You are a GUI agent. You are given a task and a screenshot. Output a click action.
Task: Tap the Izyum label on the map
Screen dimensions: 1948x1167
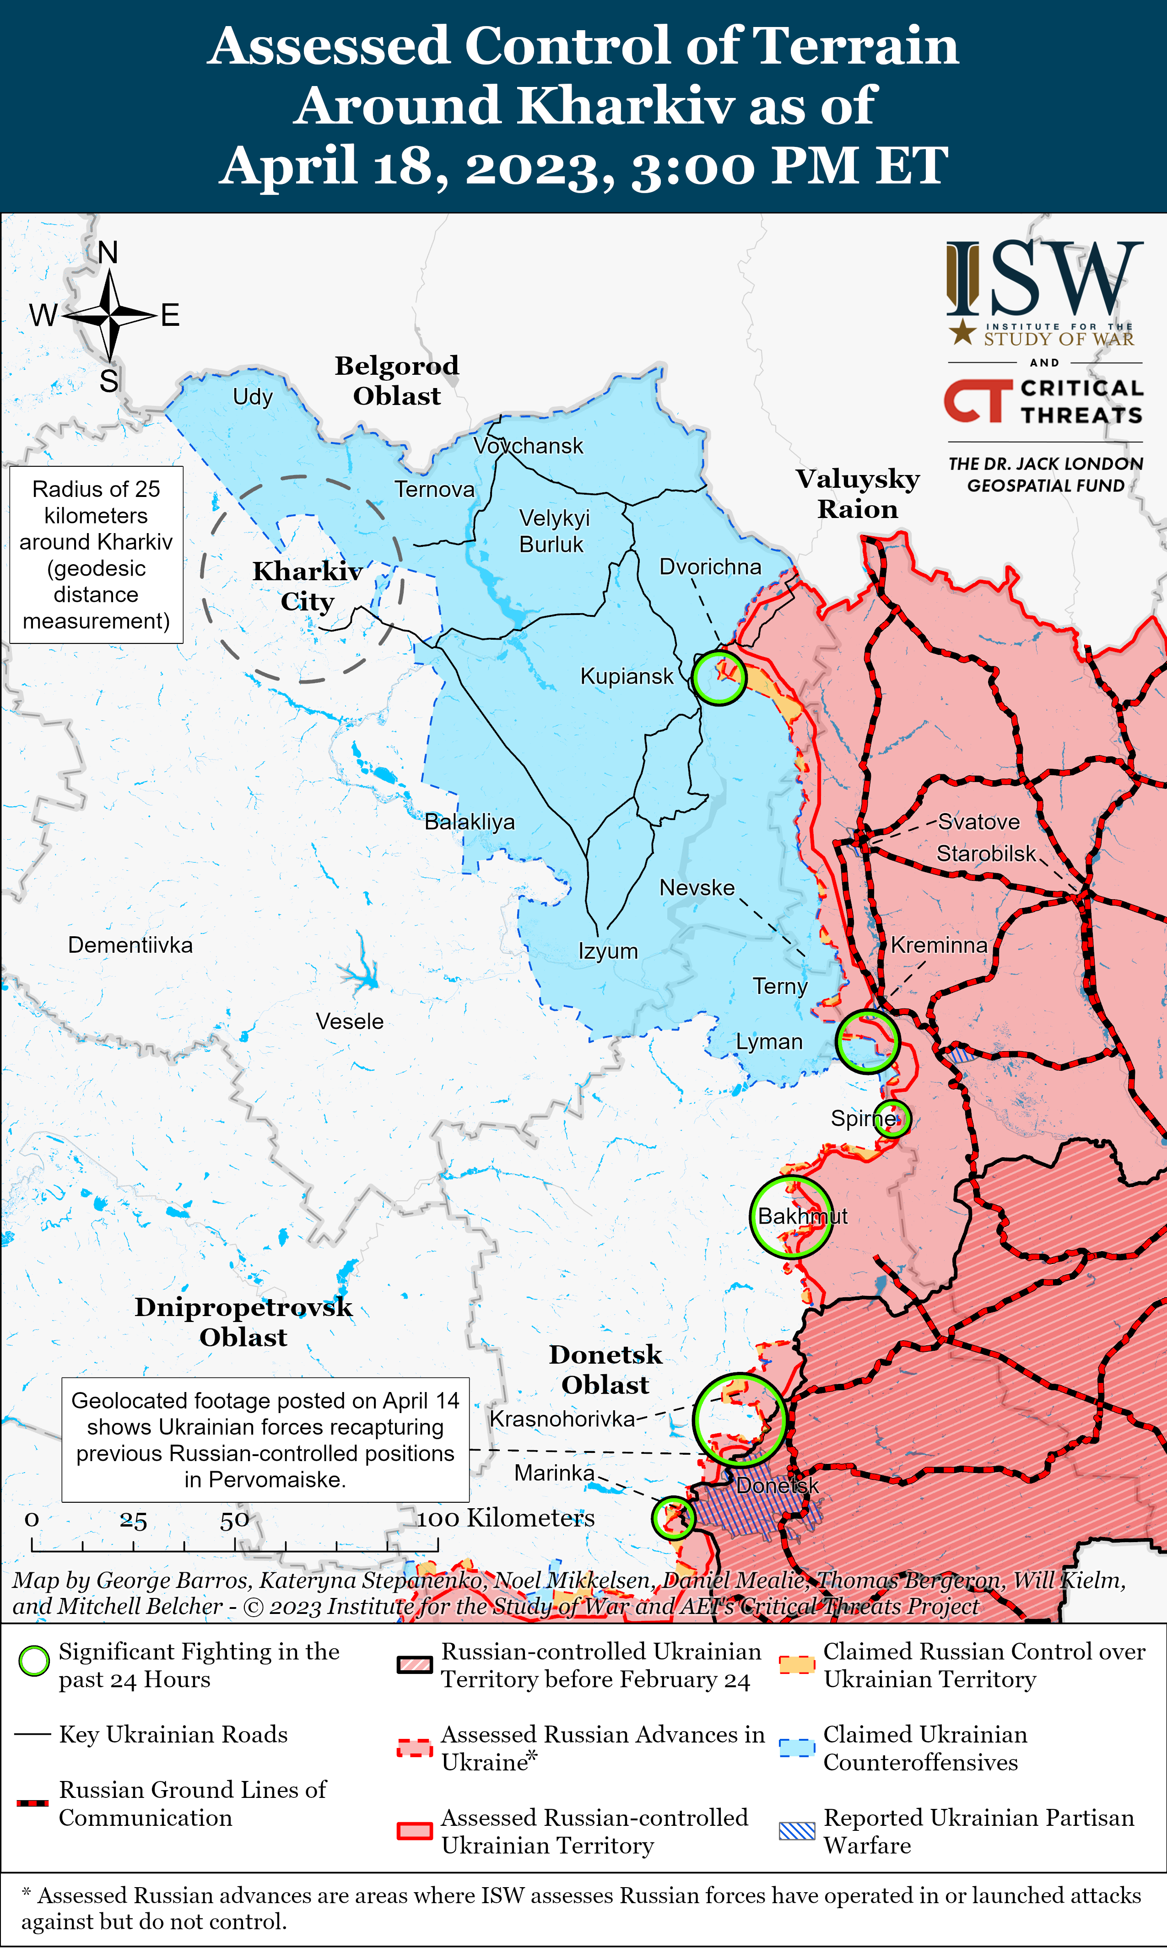click(608, 951)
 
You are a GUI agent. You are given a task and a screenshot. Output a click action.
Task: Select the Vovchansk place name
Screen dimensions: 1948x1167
click(529, 446)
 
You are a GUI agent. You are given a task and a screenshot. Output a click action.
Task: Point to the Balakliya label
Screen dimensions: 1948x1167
click(470, 822)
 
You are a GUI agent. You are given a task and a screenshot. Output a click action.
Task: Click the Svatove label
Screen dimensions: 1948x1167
click(978, 822)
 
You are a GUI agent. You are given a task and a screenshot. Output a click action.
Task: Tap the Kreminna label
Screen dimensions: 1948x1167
click(939, 945)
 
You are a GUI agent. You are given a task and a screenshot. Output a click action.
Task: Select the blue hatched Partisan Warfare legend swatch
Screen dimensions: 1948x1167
click(797, 1831)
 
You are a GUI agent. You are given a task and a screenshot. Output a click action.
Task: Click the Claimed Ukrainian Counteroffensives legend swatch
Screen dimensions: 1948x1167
click(797, 1748)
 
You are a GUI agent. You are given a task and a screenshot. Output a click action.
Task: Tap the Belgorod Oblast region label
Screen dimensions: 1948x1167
click(397, 380)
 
